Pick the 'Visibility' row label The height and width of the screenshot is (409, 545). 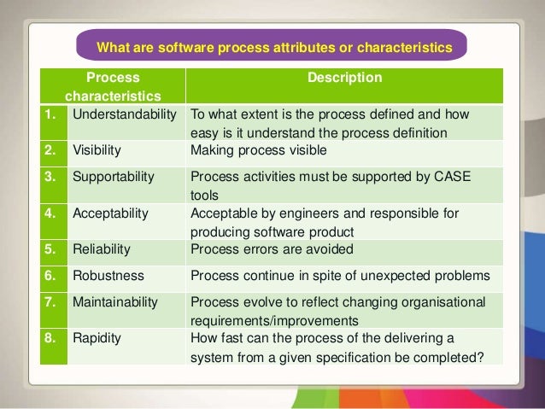[x=97, y=150]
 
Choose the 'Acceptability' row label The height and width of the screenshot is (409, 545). [x=112, y=213]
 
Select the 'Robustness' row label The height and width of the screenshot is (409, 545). [x=108, y=277]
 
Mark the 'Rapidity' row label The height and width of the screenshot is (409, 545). [x=97, y=337]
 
